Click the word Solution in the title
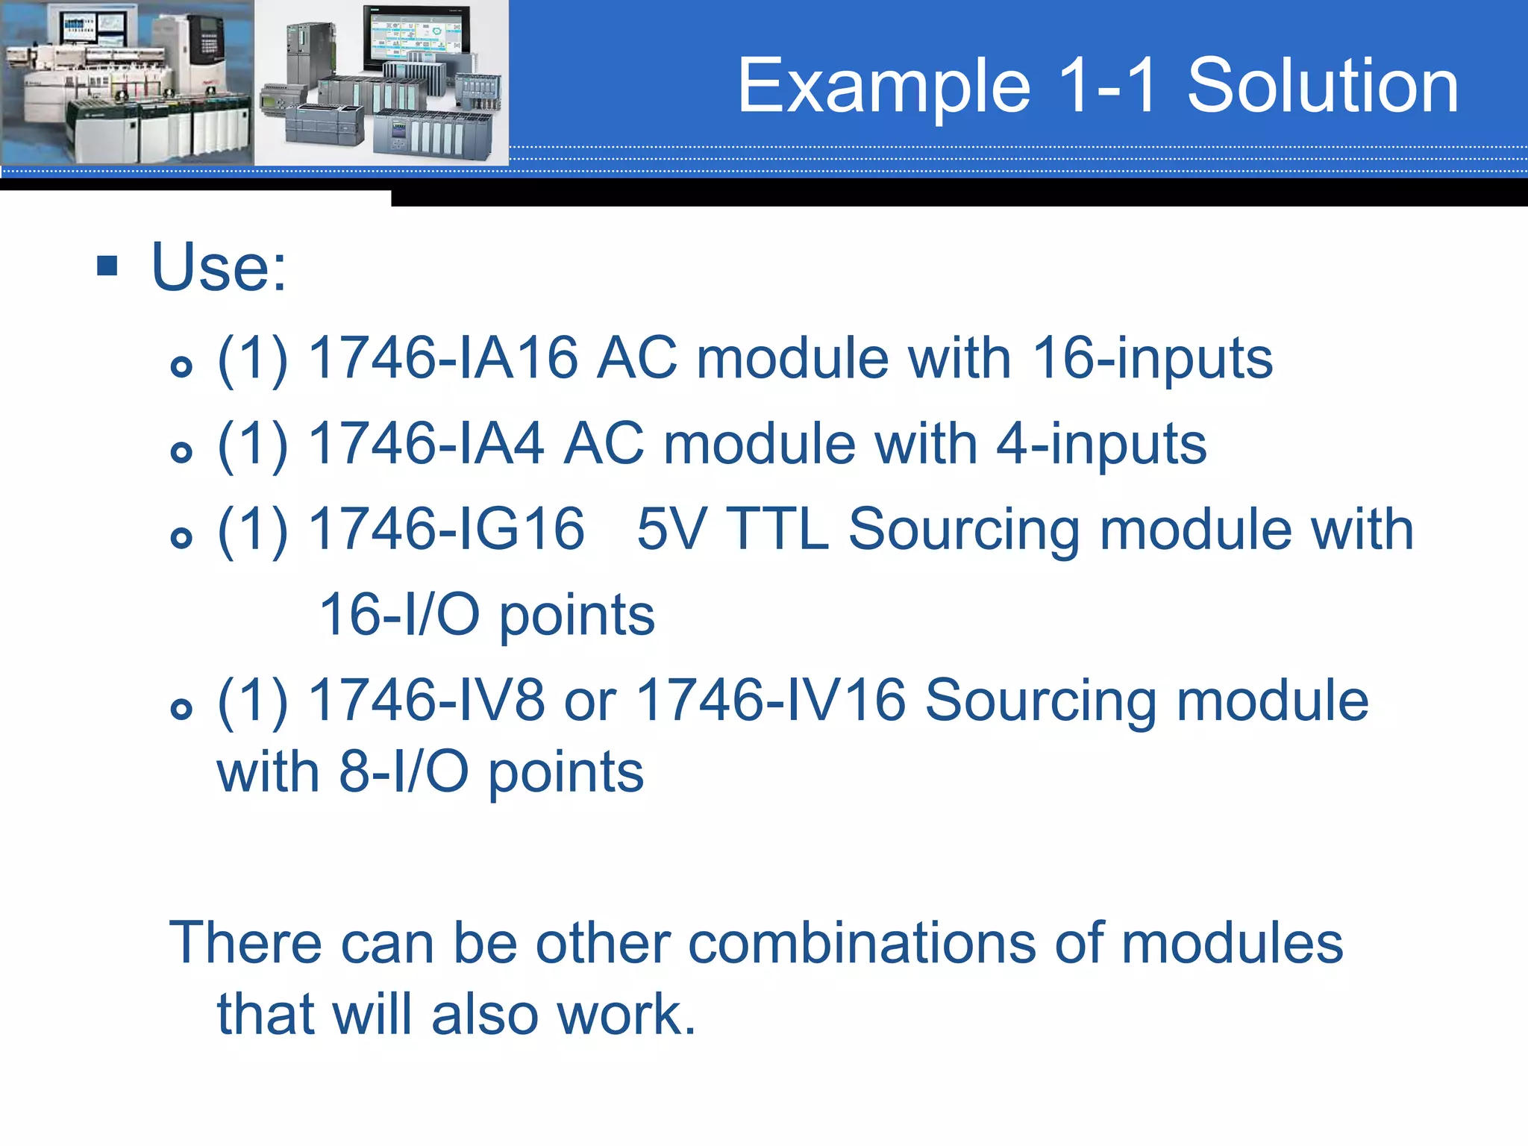(1322, 87)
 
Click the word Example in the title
(885, 88)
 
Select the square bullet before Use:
(108, 266)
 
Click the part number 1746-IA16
(443, 358)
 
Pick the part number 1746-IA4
(426, 444)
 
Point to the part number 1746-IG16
(446, 529)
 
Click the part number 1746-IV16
(771, 700)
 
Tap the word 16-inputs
(1153, 360)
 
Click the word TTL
(777, 529)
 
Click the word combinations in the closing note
(862, 943)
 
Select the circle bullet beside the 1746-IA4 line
(181, 452)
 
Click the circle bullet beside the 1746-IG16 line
(181, 537)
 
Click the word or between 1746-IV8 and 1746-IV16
(590, 701)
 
